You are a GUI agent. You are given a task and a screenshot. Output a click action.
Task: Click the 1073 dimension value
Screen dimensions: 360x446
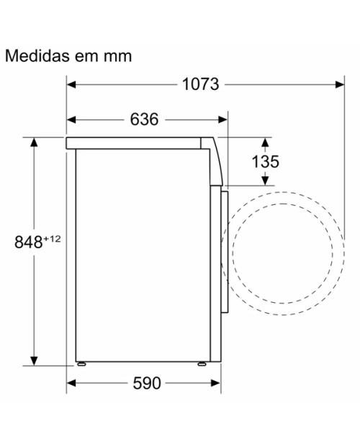pos(200,84)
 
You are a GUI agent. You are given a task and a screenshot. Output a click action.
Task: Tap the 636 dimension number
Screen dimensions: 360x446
pos(144,119)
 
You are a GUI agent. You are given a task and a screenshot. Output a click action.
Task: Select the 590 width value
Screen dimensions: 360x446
pos(147,383)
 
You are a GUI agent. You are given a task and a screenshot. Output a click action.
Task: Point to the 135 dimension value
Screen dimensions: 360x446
pos(266,162)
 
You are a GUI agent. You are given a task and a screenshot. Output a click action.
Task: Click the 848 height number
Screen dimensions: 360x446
pos(29,242)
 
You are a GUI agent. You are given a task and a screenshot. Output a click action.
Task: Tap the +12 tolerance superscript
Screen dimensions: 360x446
pos(52,239)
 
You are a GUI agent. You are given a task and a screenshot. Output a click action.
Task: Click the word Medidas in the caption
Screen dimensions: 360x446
pos(37,56)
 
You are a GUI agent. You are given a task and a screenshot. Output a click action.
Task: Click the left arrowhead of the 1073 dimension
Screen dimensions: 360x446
pos(71,84)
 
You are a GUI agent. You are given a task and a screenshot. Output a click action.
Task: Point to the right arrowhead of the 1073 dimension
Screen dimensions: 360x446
pos(340,84)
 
